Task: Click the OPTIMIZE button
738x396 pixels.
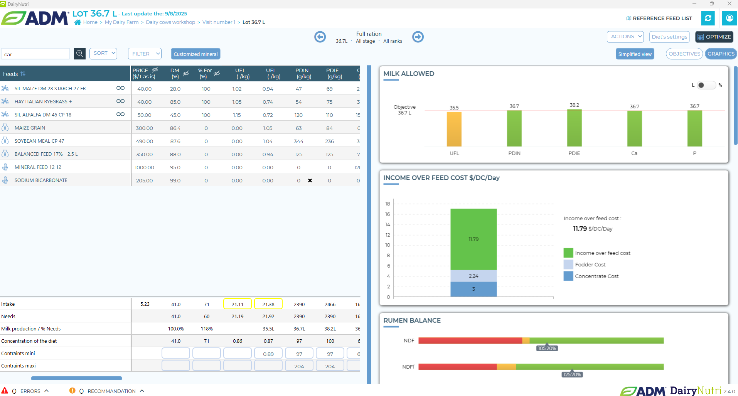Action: pyautogui.click(x=714, y=37)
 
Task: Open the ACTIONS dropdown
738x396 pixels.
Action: pyautogui.click(x=625, y=37)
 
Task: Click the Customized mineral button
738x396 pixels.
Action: pyautogui.click(x=195, y=54)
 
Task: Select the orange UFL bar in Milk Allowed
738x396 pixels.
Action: pyautogui.click(x=454, y=129)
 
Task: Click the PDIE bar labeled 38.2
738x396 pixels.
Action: pyautogui.click(x=574, y=128)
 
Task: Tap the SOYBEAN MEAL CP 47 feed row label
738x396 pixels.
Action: pyautogui.click(x=39, y=141)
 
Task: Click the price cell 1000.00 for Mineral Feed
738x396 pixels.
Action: pyautogui.click(x=144, y=167)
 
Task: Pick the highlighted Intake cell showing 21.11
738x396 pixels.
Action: pyautogui.click(x=238, y=304)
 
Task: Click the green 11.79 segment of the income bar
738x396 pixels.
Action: pyautogui.click(x=473, y=239)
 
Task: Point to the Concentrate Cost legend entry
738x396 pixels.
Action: pyautogui.click(x=596, y=276)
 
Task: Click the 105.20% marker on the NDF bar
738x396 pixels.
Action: pyautogui.click(x=547, y=348)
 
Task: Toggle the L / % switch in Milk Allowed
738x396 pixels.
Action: pyautogui.click(x=706, y=85)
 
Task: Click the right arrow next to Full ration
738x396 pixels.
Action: pyautogui.click(x=418, y=37)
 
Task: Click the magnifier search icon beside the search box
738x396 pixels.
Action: pyautogui.click(x=80, y=54)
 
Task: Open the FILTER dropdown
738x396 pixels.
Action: pyautogui.click(x=145, y=54)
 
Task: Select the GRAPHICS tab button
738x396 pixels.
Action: pyautogui.click(x=721, y=54)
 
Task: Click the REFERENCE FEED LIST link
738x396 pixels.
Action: pyautogui.click(x=659, y=18)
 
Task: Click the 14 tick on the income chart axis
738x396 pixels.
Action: pyautogui.click(x=388, y=224)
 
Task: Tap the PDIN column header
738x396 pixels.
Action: pyautogui.click(x=302, y=73)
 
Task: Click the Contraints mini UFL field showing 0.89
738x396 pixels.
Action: pyautogui.click(x=268, y=354)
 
